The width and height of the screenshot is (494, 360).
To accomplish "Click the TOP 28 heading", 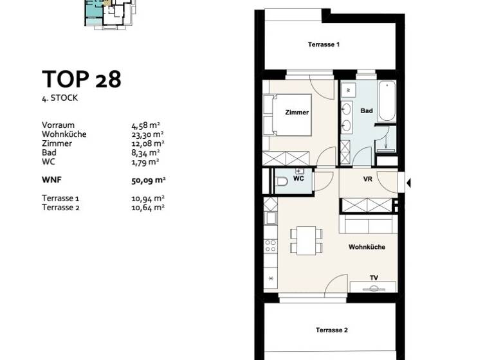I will pyautogui.click(x=82, y=79).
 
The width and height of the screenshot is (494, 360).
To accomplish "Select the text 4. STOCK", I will pyautogui.click(x=60, y=98).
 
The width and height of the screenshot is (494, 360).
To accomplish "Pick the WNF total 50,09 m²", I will pyautogui.click(x=148, y=181).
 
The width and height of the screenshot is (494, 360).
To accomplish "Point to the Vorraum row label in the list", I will pyautogui.click(x=59, y=125).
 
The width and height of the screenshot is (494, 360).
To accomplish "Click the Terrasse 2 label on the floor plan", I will pyautogui.click(x=331, y=330).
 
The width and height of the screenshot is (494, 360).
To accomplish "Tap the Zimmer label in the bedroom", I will pyautogui.click(x=297, y=113).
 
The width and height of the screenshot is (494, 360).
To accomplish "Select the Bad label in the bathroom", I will pyautogui.click(x=366, y=111).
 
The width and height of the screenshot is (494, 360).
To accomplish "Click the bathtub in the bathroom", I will pyautogui.click(x=387, y=101).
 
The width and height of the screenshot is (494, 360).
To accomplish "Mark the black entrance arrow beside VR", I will pyautogui.click(x=408, y=183).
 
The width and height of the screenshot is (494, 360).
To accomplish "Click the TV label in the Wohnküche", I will pyautogui.click(x=373, y=278).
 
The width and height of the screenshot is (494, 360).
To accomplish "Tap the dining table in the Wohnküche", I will pyautogui.click(x=304, y=240).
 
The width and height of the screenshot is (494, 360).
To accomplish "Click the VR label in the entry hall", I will pyautogui.click(x=368, y=179).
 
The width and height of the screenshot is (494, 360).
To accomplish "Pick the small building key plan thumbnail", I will pyautogui.click(x=107, y=13).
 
